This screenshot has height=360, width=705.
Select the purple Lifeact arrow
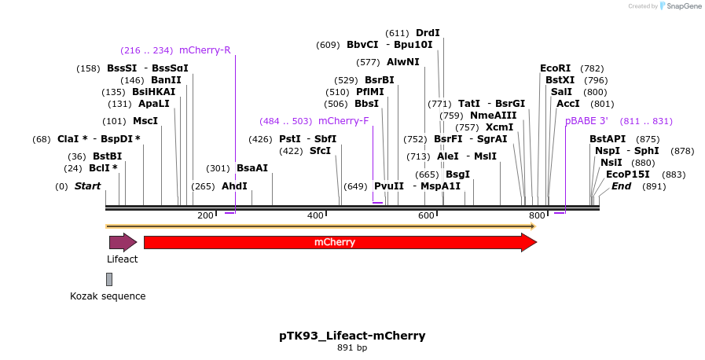coord(123,242)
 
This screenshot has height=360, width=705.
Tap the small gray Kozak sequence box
coord(109,279)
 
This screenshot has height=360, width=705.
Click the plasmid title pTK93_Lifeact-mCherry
coord(352,336)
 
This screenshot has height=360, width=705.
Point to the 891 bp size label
coord(352,347)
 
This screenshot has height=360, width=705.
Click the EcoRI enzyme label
coord(556,68)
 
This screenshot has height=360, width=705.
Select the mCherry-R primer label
coord(205,50)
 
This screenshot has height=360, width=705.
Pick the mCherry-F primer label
coord(343,121)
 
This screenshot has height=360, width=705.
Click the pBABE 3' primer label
coord(586,121)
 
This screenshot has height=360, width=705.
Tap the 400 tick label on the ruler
coord(315,215)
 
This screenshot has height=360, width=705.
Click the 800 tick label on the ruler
coord(537,215)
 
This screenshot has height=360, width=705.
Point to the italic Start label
coord(87,186)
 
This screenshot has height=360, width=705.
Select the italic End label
coord(621,186)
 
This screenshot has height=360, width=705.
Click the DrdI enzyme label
coord(428,33)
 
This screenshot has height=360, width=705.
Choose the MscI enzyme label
coord(145,121)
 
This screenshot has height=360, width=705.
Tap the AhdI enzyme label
coord(234,186)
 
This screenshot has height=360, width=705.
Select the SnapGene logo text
coord(681,6)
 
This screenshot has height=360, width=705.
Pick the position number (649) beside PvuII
coord(355,186)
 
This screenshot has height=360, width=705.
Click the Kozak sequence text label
coord(108,296)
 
